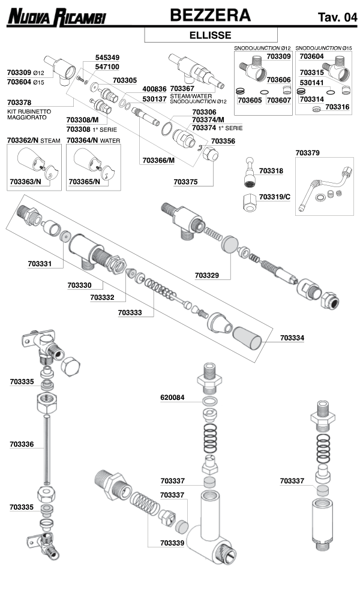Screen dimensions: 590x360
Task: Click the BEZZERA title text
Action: point(209,15)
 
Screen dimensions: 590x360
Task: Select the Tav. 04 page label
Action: point(337,17)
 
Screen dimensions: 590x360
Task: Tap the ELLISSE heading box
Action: point(209,35)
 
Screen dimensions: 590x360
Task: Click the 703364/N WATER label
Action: point(93,140)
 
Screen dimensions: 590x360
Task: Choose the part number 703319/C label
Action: point(274,196)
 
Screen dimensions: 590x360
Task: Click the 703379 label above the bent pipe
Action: point(308,153)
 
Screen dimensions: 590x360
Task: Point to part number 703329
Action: point(206,275)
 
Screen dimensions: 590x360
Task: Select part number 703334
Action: point(292,338)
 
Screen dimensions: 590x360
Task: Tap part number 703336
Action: point(22,444)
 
